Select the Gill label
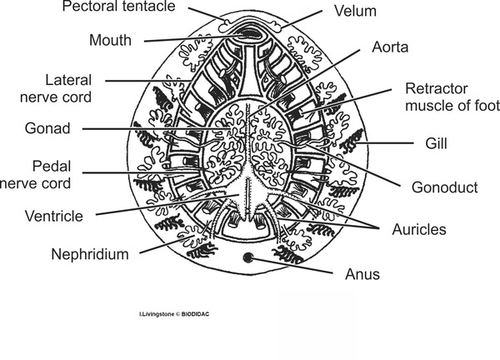point(436,144)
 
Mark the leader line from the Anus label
point(296,266)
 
